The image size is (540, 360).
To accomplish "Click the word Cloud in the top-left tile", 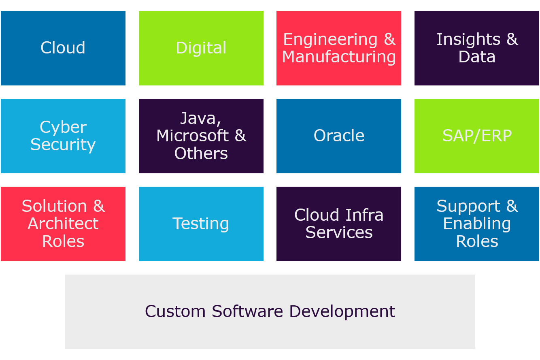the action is tap(63, 47).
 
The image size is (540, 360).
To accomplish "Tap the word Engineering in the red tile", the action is tap(330, 40).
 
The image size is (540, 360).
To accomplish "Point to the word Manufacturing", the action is tap(339, 57).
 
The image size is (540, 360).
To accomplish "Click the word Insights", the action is tap(468, 39).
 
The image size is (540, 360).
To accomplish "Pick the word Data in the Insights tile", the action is tap(477, 57).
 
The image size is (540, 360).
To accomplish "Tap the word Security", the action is tap(63, 145).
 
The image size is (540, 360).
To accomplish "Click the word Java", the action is tap(200, 119).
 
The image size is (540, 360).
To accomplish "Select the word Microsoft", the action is tap(193, 136).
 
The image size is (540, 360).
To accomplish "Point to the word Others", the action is tap(201, 153).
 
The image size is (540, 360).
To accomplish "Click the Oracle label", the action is tap(339, 136).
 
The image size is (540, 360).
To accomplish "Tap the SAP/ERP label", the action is tap(477, 136).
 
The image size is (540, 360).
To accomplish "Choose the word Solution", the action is tap(54, 206).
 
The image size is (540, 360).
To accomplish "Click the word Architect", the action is tap(63, 224).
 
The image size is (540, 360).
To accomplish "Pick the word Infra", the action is tap(364, 215).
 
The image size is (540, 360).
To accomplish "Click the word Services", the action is tap(339, 232).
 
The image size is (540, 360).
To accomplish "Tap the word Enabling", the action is tap(477, 224).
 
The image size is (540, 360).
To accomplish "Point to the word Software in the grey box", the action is tap(247, 311).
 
